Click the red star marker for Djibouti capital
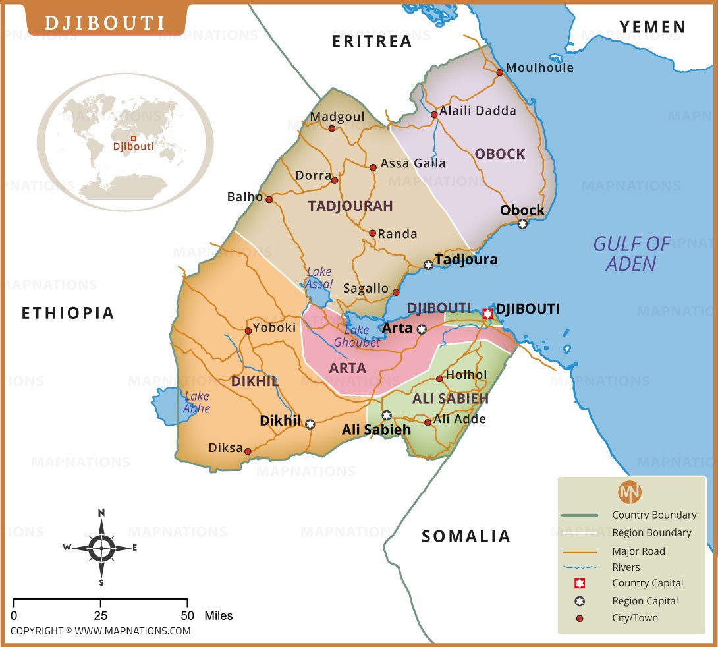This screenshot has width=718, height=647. (487, 314)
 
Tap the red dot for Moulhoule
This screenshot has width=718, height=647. (500, 72)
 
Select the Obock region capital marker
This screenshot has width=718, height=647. (522, 224)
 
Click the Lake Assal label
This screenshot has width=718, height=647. (319, 278)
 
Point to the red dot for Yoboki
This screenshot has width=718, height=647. (248, 331)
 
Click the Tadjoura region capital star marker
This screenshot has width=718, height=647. (428, 265)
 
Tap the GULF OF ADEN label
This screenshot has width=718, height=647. (631, 254)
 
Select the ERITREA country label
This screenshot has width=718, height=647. (372, 42)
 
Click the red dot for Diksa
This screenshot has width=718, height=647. (248, 451)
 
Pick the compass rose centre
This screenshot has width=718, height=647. (101, 547)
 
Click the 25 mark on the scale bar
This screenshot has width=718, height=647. (101, 615)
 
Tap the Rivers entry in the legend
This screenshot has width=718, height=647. (626, 567)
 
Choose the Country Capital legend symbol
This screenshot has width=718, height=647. (580, 583)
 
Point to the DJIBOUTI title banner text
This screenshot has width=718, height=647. (105, 23)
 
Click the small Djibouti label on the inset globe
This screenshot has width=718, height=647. (134, 146)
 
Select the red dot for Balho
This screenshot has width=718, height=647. (269, 198)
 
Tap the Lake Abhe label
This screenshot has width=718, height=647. (197, 403)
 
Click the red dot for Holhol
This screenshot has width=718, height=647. (439, 379)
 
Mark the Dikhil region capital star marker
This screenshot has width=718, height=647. (310, 424)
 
